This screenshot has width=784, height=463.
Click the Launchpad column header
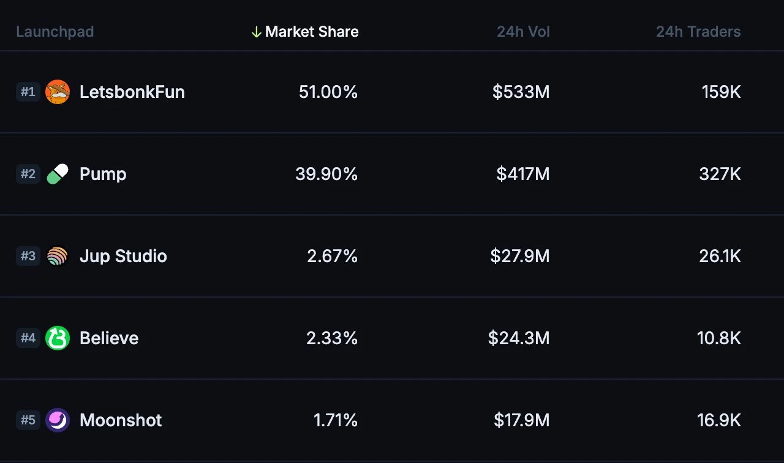point(55,32)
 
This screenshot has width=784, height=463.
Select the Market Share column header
point(312,32)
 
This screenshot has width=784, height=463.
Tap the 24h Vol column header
point(523,32)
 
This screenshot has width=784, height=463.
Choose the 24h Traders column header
point(698,32)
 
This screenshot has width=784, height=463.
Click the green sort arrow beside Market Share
point(257,32)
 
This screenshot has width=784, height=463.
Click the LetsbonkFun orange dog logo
point(58,92)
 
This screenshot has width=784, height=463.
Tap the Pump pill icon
point(58,174)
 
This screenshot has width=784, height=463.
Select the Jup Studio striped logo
point(58,256)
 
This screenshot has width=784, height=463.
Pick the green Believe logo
point(58,338)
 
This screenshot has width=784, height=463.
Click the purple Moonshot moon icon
point(58,420)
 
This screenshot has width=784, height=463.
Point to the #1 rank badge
point(28,92)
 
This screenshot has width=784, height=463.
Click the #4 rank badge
point(28,338)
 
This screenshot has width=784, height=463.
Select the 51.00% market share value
point(328,92)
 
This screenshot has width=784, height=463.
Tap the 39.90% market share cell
point(326,174)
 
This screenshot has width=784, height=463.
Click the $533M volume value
point(521,92)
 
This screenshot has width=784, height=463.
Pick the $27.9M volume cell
point(519,256)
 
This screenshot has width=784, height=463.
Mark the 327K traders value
point(720,174)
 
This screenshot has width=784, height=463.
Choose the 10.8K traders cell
point(718,338)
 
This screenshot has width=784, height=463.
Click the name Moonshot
point(121,420)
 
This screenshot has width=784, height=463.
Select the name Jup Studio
point(123,256)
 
